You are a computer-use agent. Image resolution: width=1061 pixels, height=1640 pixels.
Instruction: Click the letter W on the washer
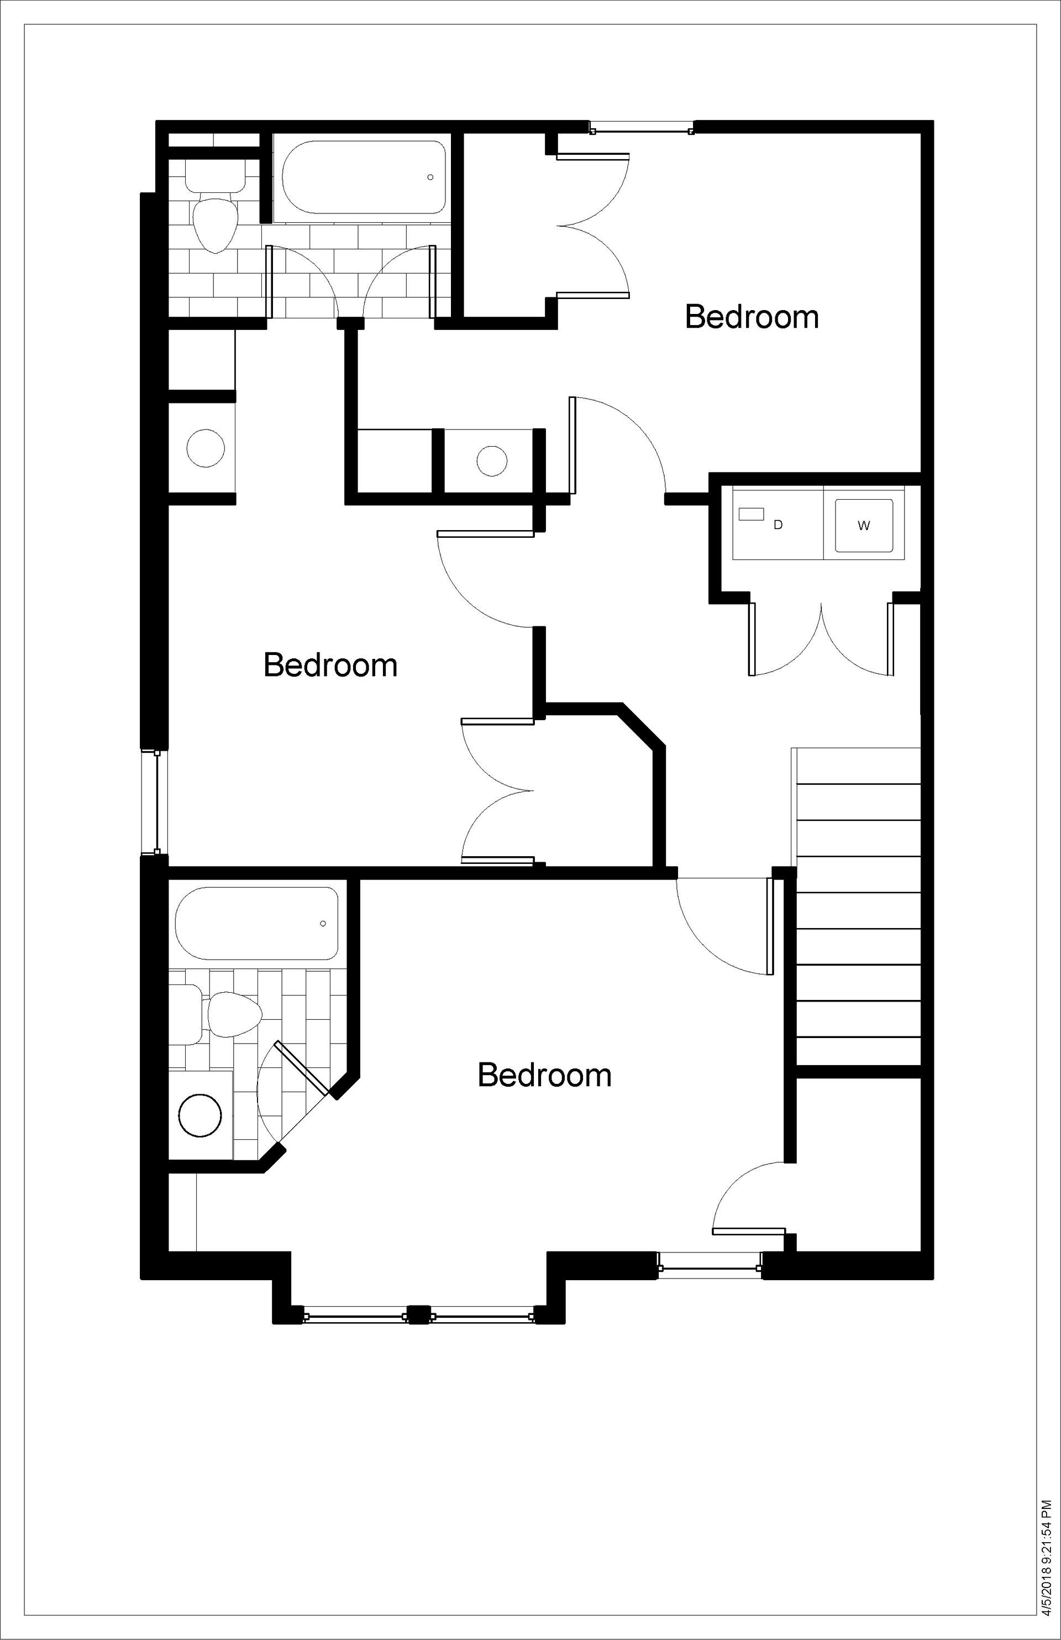coord(864,526)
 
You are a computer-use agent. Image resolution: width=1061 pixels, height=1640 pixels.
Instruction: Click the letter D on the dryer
coord(778,525)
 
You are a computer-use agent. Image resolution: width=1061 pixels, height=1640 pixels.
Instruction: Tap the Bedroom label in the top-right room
coord(752,317)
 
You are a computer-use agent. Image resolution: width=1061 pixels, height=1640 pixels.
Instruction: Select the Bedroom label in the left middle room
coord(330,666)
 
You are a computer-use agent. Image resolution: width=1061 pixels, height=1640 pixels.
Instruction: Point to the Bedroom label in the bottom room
coord(544,1075)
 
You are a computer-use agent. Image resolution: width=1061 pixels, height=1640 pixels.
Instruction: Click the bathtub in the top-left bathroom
coord(360,178)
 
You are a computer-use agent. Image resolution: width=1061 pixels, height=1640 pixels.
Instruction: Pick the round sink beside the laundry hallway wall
coord(492,460)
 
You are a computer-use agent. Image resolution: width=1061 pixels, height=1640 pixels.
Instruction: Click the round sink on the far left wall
coord(206,448)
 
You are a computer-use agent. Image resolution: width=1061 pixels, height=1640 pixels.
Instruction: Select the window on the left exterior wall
coord(156,803)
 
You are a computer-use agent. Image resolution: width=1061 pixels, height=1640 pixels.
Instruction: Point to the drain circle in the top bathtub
coord(430,177)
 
